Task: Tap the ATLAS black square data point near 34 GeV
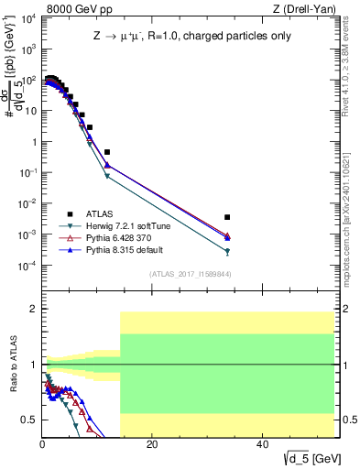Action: (227, 217)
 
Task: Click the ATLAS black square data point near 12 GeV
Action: (107, 152)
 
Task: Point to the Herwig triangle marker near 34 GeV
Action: (227, 252)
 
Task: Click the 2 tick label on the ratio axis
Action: (33, 310)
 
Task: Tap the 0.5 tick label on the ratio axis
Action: (29, 420)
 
